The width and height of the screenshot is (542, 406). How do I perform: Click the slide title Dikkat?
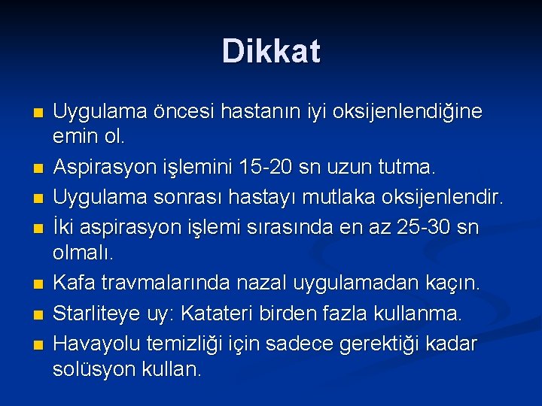point(271,52)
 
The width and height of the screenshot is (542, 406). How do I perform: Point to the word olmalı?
point(83,254)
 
